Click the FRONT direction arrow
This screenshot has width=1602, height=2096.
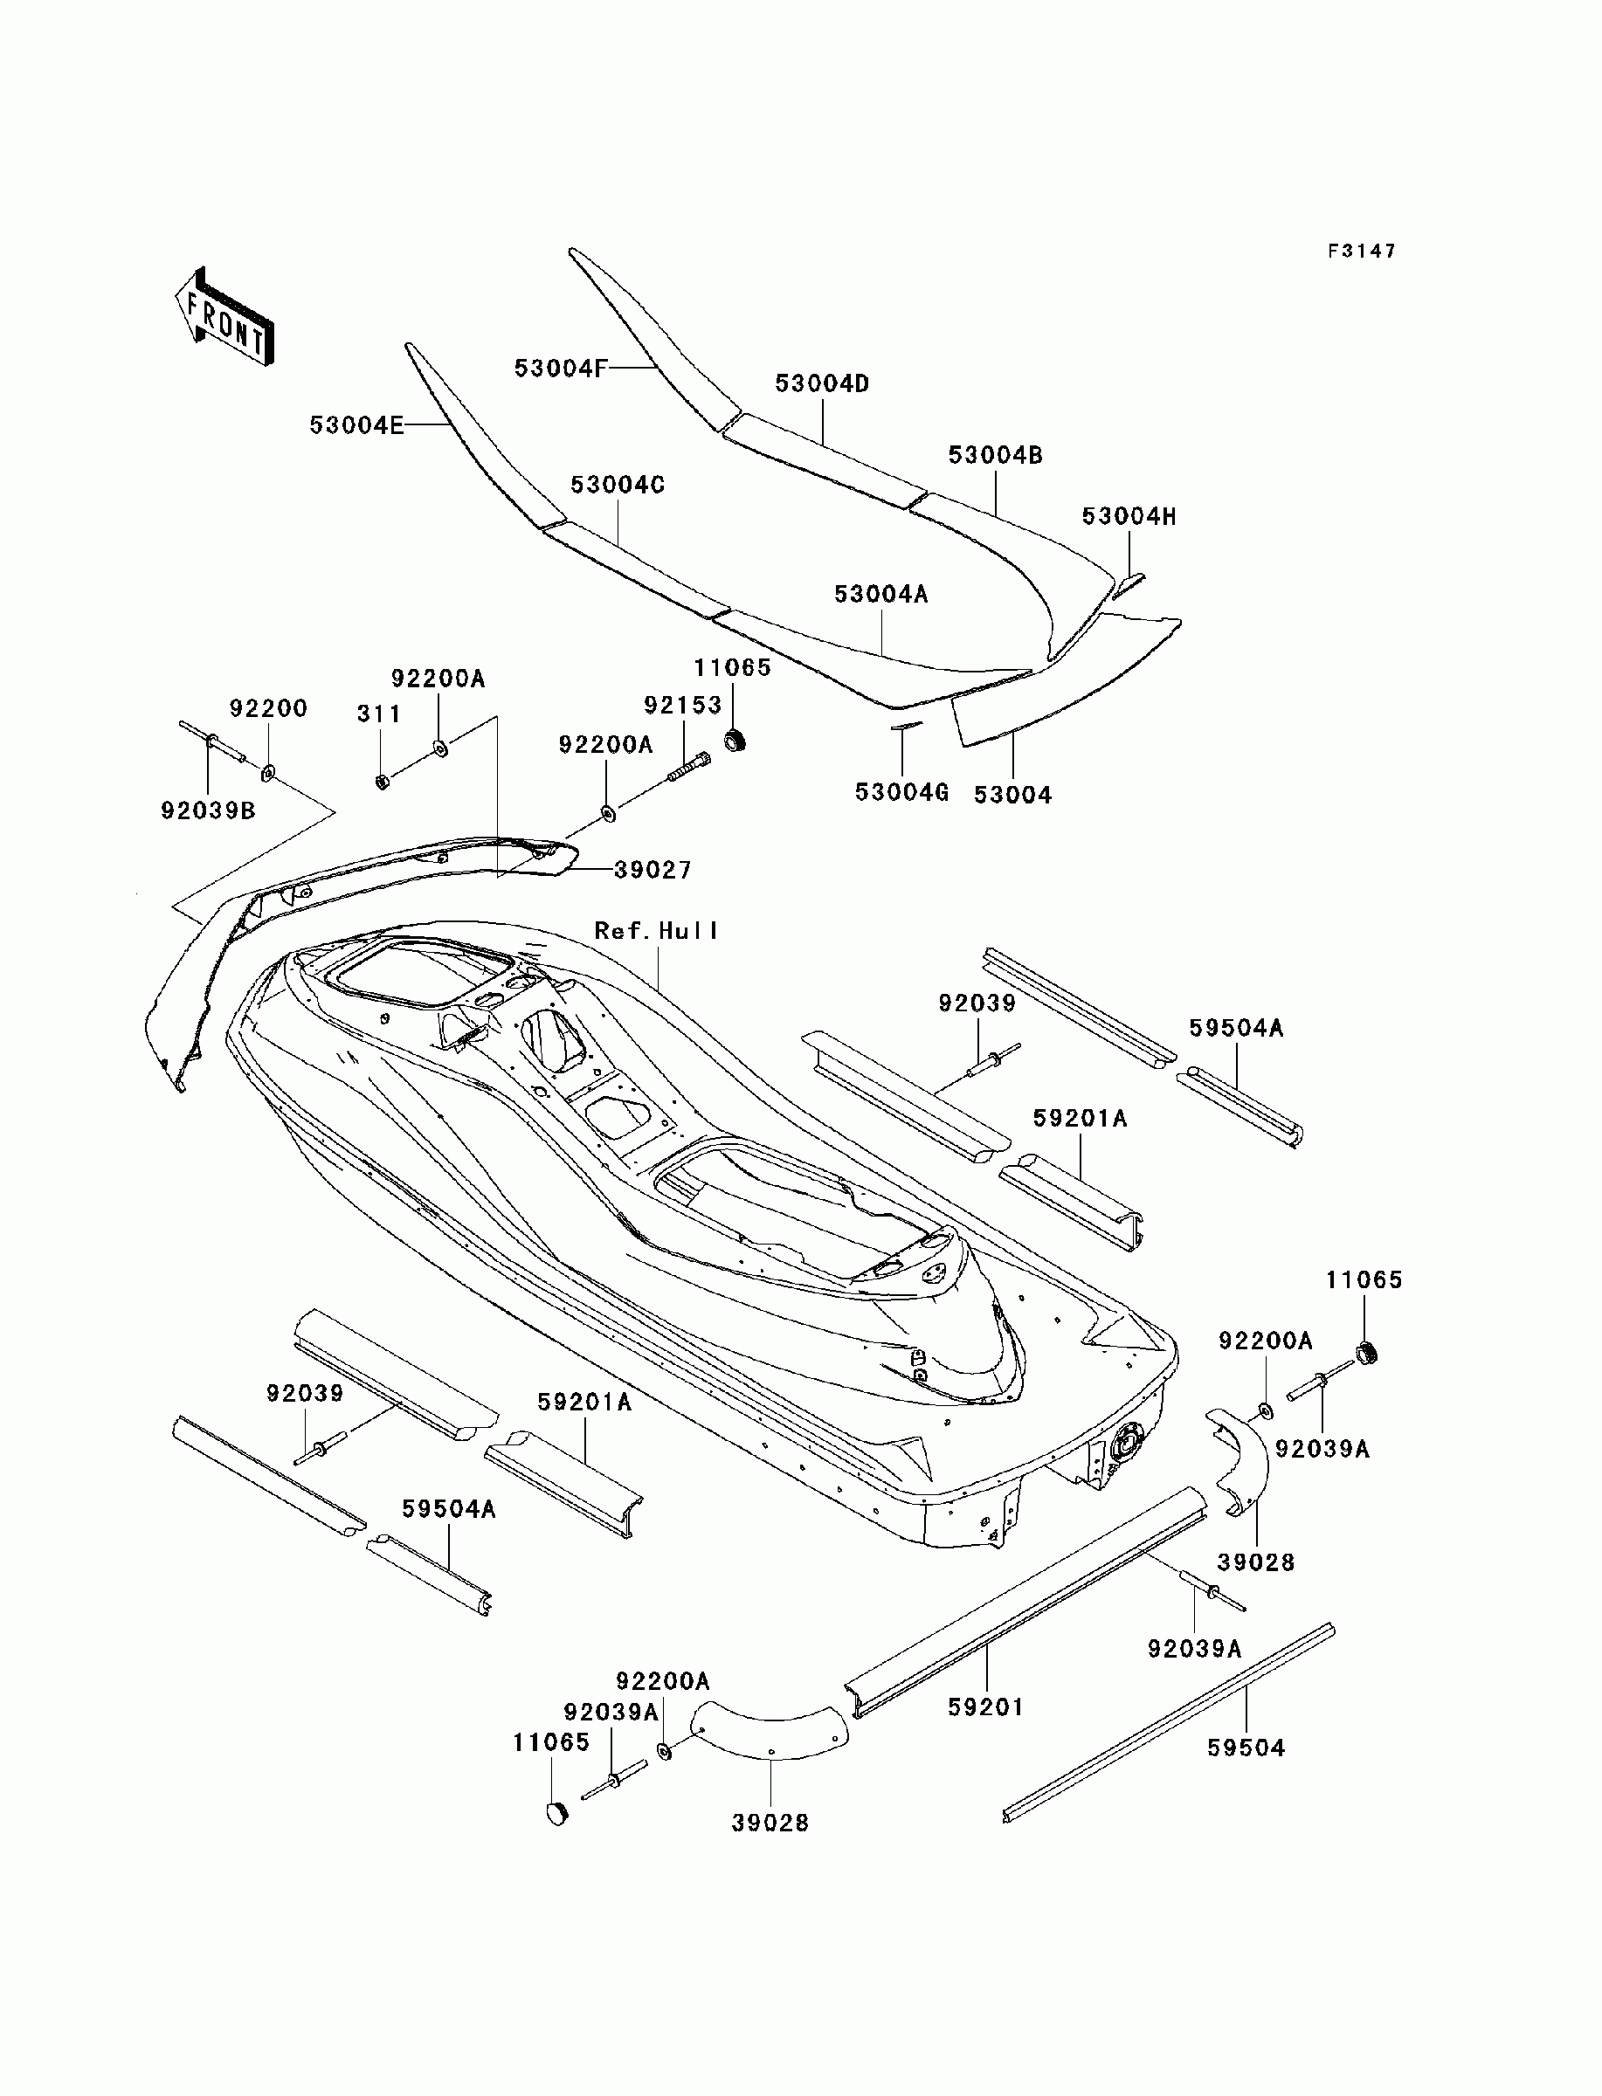tap(224, 316)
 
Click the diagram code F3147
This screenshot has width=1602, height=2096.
tap(1362, 251)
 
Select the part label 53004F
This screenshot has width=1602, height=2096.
tap(560, 368)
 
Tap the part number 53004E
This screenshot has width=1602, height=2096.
tap(356, 425)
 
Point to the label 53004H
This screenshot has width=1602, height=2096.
tap(1129, 517)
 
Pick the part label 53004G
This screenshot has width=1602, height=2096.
tap(901, 792)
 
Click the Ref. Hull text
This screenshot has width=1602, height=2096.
tap(656, 930)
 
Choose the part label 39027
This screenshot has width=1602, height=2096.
tap(653, 869)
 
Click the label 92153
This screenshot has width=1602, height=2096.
tap(683, 705)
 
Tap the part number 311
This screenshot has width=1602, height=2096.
tap(378, 713)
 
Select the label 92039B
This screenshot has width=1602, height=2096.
tap(208, 810)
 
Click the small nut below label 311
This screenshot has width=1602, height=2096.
tap(382, 782)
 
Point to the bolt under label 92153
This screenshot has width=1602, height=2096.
tap(689, 766)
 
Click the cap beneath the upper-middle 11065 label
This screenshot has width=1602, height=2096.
tap(735, 740)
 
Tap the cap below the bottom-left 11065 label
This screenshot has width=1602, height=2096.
tap(557, 1812)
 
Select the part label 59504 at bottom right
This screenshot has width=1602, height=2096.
tap(1246, 1748)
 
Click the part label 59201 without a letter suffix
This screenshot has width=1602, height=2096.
tap(986, 1706)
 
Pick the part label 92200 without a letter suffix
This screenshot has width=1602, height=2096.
tap(268, 708)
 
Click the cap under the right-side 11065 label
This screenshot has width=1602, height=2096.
tap(1367, 1352)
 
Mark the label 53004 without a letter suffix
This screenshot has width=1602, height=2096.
tap(1012, 794)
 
